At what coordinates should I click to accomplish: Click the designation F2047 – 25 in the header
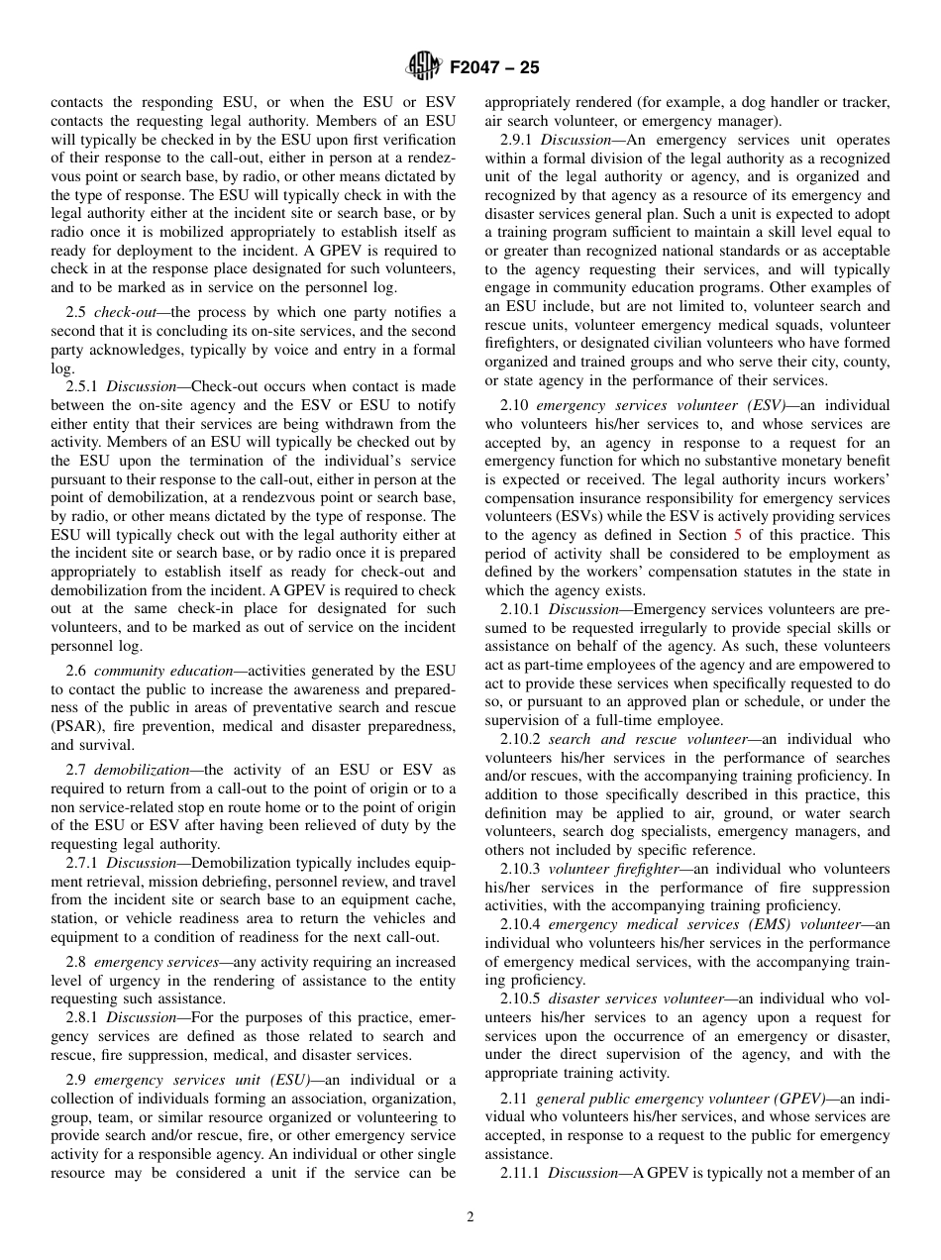(x=494, y=68)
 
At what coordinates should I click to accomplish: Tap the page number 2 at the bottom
(x=470, y=1217)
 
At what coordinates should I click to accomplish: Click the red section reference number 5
(x=737, y=534)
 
